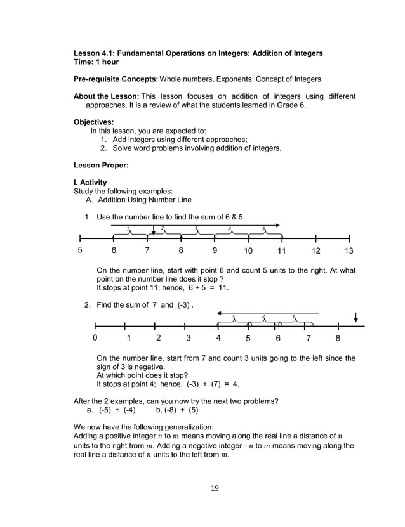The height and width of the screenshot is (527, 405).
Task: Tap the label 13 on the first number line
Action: click(349, 250)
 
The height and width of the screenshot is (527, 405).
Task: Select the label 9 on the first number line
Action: click(215, 250)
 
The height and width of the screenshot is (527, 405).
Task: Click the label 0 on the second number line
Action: click(95, 338)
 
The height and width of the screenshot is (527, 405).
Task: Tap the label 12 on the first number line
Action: click(315, 250)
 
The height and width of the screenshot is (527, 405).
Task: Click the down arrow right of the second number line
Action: click(356, 316)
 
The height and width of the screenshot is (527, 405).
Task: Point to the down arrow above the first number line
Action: click(154, 231)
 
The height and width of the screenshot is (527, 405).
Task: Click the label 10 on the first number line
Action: click(248, 250)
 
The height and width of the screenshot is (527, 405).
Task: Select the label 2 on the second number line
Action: click(158, 338)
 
